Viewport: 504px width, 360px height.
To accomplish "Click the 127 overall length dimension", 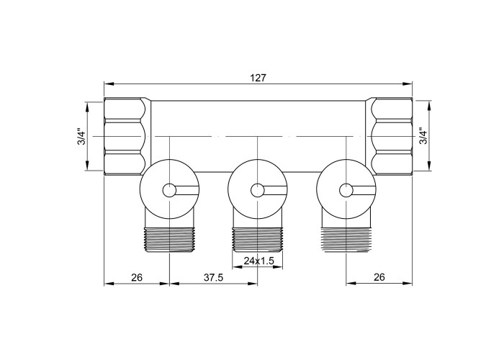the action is [x=258, y=78].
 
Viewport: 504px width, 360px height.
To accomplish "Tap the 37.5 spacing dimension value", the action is [x=213, y=277].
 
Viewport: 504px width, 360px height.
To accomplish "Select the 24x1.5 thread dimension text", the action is [x=258, y=261].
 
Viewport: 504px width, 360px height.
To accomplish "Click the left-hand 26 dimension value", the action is [x=137, y=277].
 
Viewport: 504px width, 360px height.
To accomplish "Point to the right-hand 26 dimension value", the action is [x=379, y=277].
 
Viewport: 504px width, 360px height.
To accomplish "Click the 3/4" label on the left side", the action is [x=82, y=138].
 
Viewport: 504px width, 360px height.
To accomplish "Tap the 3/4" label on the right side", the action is [x=423, y=137].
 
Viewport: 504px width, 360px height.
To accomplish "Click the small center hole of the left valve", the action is [x=169, y=191].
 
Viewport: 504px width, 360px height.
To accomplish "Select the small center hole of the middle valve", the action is [x=258, y=191].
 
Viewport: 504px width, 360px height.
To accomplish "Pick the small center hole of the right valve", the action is [x=346, y=191].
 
